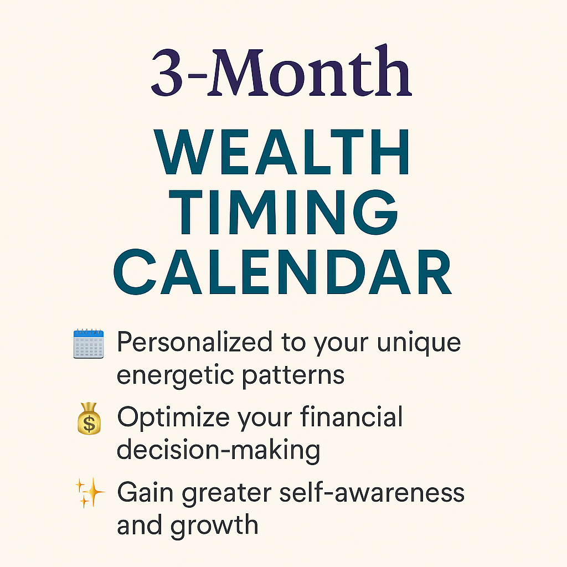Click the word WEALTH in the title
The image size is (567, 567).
[282, 152]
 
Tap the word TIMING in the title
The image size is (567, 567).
[283, 212]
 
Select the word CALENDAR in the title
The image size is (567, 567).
[282, 271]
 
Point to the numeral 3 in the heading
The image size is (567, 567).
[167, 73]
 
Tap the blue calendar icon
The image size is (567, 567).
[89, 343]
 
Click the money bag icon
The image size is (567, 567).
[89, 419]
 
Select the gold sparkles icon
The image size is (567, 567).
[90, 493]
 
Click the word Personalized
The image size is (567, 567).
[194, 342]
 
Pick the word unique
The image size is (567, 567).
[419, 344]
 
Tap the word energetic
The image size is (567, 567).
[176, 376]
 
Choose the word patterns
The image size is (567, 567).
[293, 376]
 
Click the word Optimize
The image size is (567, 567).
[173, 418]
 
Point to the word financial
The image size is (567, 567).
[351, 416]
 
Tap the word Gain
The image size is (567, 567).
[146, 492]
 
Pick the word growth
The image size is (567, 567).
[214, 526]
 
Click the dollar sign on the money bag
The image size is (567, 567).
[89, 424]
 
